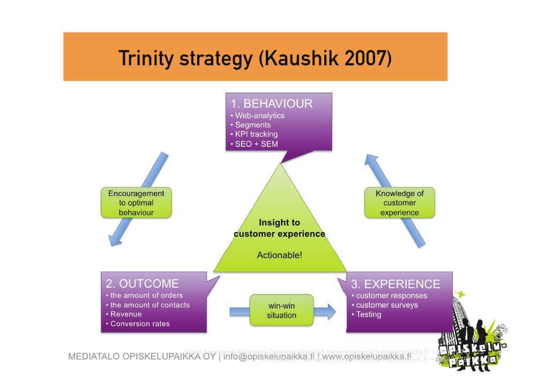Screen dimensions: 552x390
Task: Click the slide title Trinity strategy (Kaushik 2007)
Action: (x=255, y=58)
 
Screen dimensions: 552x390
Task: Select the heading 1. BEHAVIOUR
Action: (x=271, y=103)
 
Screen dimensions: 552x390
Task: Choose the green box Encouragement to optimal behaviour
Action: (x=136, y=202)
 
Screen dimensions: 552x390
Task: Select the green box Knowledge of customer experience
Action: (x=399, y=202)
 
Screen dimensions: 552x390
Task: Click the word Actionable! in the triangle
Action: (x=279, y=256)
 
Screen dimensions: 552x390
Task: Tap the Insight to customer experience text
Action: (x=279, y=228)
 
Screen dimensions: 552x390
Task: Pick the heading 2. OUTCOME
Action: (x=143, y=283)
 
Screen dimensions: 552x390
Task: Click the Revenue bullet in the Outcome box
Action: (x=126, y=314)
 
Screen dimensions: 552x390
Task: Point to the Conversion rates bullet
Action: (x=140, y=324)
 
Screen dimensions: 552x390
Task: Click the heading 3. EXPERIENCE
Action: (x=395, y=284)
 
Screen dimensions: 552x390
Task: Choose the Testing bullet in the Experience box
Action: (x=368, y=314)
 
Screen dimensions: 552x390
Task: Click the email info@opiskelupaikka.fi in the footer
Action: (x=269, y=357)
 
